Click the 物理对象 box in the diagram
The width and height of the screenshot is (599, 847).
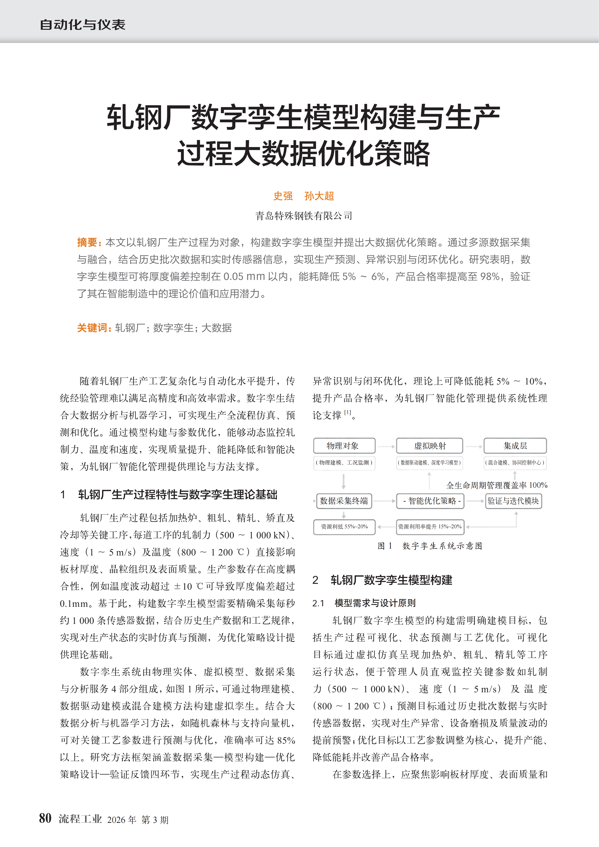click(x=344, y=446)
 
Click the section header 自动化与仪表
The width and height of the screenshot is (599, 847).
click(x=83, y=25)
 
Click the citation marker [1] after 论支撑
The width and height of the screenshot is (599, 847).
click(x=347, y=412)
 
